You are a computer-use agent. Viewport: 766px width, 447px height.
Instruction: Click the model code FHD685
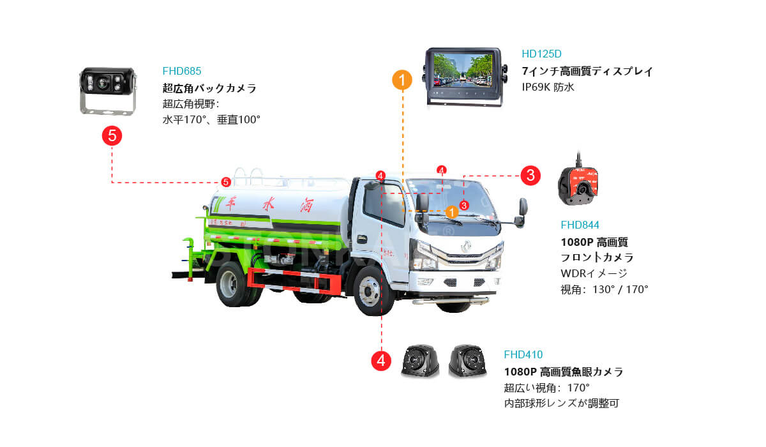(x=182, y=72)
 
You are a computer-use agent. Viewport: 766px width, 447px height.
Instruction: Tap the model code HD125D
(x=541, y=54)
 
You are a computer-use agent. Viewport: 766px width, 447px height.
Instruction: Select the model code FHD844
(x=580, y=225)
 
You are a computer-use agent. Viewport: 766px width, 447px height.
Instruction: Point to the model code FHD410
(x=523, y=354)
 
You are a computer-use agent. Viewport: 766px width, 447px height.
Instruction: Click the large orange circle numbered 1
(x=402, y=80)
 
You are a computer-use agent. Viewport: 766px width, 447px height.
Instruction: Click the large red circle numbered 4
(x=381, y=360)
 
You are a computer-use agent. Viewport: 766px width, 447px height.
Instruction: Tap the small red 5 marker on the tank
(x=225, y=182)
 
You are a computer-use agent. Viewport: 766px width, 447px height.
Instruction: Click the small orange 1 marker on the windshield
(x=451, y=211)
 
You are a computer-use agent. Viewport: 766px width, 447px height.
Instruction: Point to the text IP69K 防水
(x=548, y=87)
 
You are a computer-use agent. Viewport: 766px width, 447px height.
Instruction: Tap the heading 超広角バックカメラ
(x=209, y=88)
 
